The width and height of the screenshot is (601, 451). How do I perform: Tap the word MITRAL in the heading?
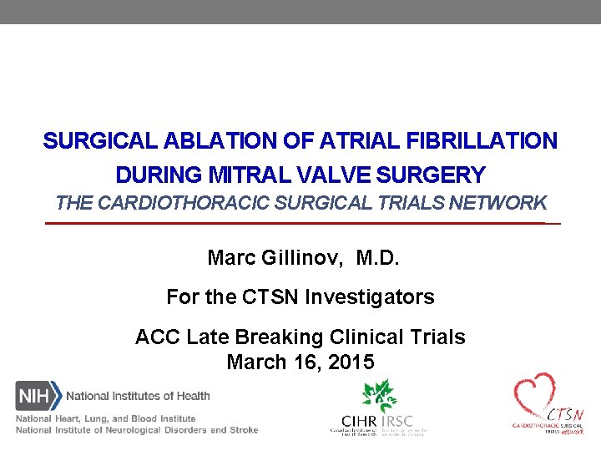243,175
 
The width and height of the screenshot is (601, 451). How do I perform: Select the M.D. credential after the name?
378,259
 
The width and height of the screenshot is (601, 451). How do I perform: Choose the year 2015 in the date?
351,362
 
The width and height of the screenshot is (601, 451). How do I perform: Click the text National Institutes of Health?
138,396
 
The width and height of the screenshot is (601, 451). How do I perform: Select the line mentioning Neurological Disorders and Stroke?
136,430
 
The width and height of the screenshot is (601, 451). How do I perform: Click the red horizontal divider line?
300,224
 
